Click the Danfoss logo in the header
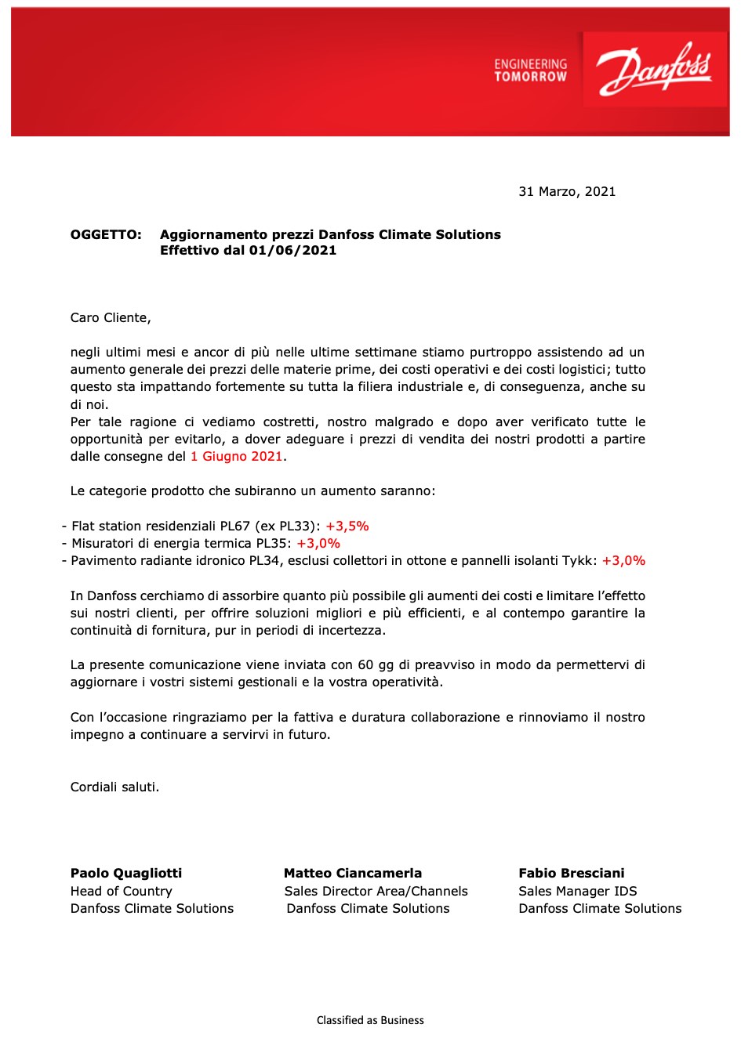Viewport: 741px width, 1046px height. (655, 69)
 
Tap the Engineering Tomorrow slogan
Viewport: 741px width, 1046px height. (530, 71)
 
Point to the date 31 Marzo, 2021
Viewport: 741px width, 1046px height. (567, 192)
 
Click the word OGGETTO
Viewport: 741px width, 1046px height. (106, 235)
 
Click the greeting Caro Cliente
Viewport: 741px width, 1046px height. (110, 318)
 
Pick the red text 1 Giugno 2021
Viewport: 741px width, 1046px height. (236, 457)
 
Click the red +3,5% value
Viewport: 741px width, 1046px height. (347, 527)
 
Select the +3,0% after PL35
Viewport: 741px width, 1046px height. (318, 544)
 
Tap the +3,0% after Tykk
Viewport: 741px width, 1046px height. (623, 561)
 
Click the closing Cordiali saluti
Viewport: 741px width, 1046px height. (114, 787)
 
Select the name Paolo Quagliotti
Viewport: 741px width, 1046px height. (126, 874)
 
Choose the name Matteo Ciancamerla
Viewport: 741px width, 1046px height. (353, 874)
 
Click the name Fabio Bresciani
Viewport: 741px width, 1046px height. (572, 874)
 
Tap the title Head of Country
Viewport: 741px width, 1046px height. (122, 892)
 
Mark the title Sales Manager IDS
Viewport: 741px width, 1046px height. (578, 892)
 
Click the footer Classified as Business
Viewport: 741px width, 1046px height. (370, 1020)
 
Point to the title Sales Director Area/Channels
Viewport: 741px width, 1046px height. (376, 892)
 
